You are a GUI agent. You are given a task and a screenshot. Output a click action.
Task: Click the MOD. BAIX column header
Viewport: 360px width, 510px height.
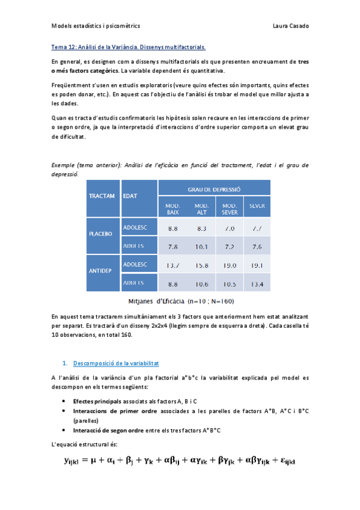(x=173, y=209)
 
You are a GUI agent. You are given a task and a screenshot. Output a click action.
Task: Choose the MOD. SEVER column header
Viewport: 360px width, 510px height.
(x=230, y=209)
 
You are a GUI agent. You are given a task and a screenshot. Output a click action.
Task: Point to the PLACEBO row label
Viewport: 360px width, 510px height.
(x=101, y=234)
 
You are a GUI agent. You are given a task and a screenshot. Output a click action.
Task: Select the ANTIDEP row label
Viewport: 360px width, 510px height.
(x=100, y=271)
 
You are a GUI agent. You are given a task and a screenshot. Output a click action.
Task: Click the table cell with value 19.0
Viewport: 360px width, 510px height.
(x=229, y=265)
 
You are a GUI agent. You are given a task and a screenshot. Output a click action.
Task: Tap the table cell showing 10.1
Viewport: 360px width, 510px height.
(x=201, y=247)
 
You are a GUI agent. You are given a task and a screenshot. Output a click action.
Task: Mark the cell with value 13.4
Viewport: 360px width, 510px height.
(x=257, y=284)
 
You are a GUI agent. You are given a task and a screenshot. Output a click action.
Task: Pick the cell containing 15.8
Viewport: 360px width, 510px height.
(x=201, y=265)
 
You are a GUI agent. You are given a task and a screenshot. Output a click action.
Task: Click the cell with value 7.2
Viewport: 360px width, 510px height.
(x=229, y=247)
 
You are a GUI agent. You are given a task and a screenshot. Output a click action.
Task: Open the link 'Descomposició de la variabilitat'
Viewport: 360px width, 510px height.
(x=115, y=363)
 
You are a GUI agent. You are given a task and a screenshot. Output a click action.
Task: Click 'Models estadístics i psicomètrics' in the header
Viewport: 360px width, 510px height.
(x=96, y=26)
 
